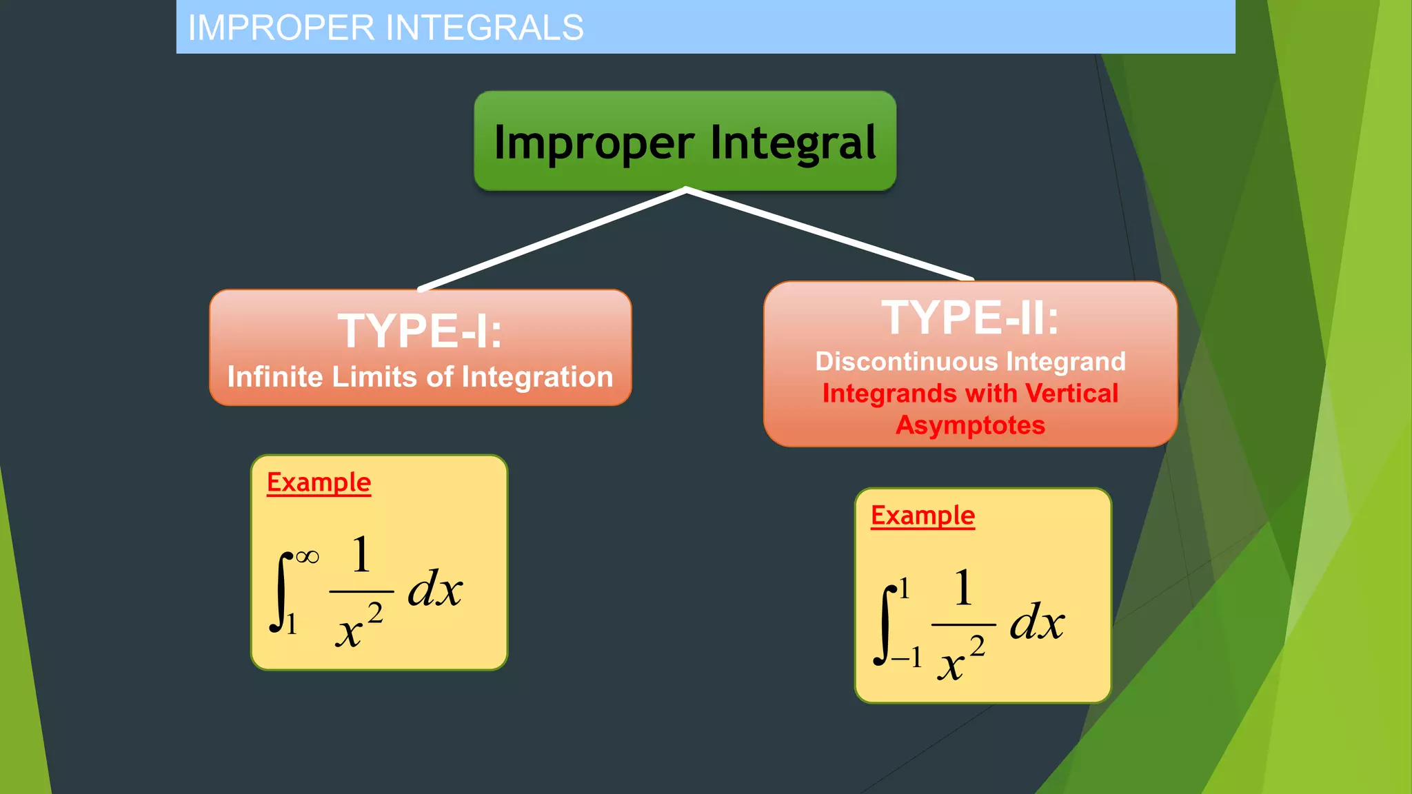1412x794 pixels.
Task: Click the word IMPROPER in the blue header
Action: point(281,28)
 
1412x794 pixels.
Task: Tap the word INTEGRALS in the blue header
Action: point(484,28)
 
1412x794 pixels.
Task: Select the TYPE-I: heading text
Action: point(420,332)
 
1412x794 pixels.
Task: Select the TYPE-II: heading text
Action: point(969,318)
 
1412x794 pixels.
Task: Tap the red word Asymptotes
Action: point(970,425)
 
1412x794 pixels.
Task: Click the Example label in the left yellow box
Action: point(319,482)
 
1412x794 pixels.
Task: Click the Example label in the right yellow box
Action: point(922,516)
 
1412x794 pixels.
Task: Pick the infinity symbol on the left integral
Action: point(307,556)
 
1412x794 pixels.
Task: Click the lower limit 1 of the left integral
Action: point(292,624)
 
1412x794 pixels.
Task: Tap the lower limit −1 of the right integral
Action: point(906,658)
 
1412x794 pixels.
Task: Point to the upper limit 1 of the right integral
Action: point(905,589)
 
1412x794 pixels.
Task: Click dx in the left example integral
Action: point(434,590)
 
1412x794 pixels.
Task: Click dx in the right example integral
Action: point(1037,622)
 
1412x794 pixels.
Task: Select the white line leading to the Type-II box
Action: point(827,234)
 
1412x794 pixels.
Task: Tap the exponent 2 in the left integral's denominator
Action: point(374,612)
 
